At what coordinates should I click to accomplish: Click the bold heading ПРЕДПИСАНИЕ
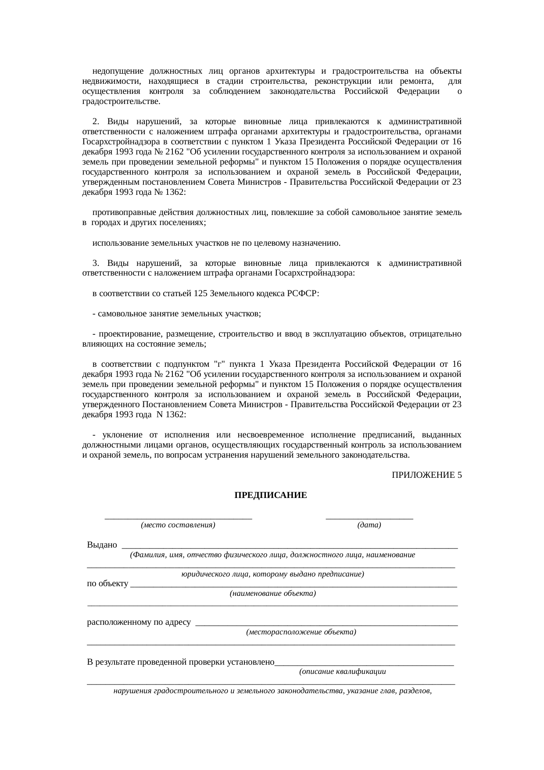tap(271, 495)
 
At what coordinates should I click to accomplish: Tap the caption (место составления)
tap(178, 525)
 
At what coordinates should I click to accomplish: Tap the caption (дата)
tap(369, 525)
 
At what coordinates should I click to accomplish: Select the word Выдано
tap(102, 545)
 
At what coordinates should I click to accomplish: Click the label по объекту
tap(108, 584)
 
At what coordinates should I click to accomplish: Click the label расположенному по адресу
tap(139, 622)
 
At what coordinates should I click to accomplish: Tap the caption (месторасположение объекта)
tap(301, 632)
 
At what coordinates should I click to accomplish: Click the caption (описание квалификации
tap(342, 671)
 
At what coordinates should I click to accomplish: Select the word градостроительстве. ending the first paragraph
tap(121, 102)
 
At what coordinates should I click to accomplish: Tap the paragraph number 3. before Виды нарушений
tap(96, 263)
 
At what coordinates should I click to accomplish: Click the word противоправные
tap(121, 213)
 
